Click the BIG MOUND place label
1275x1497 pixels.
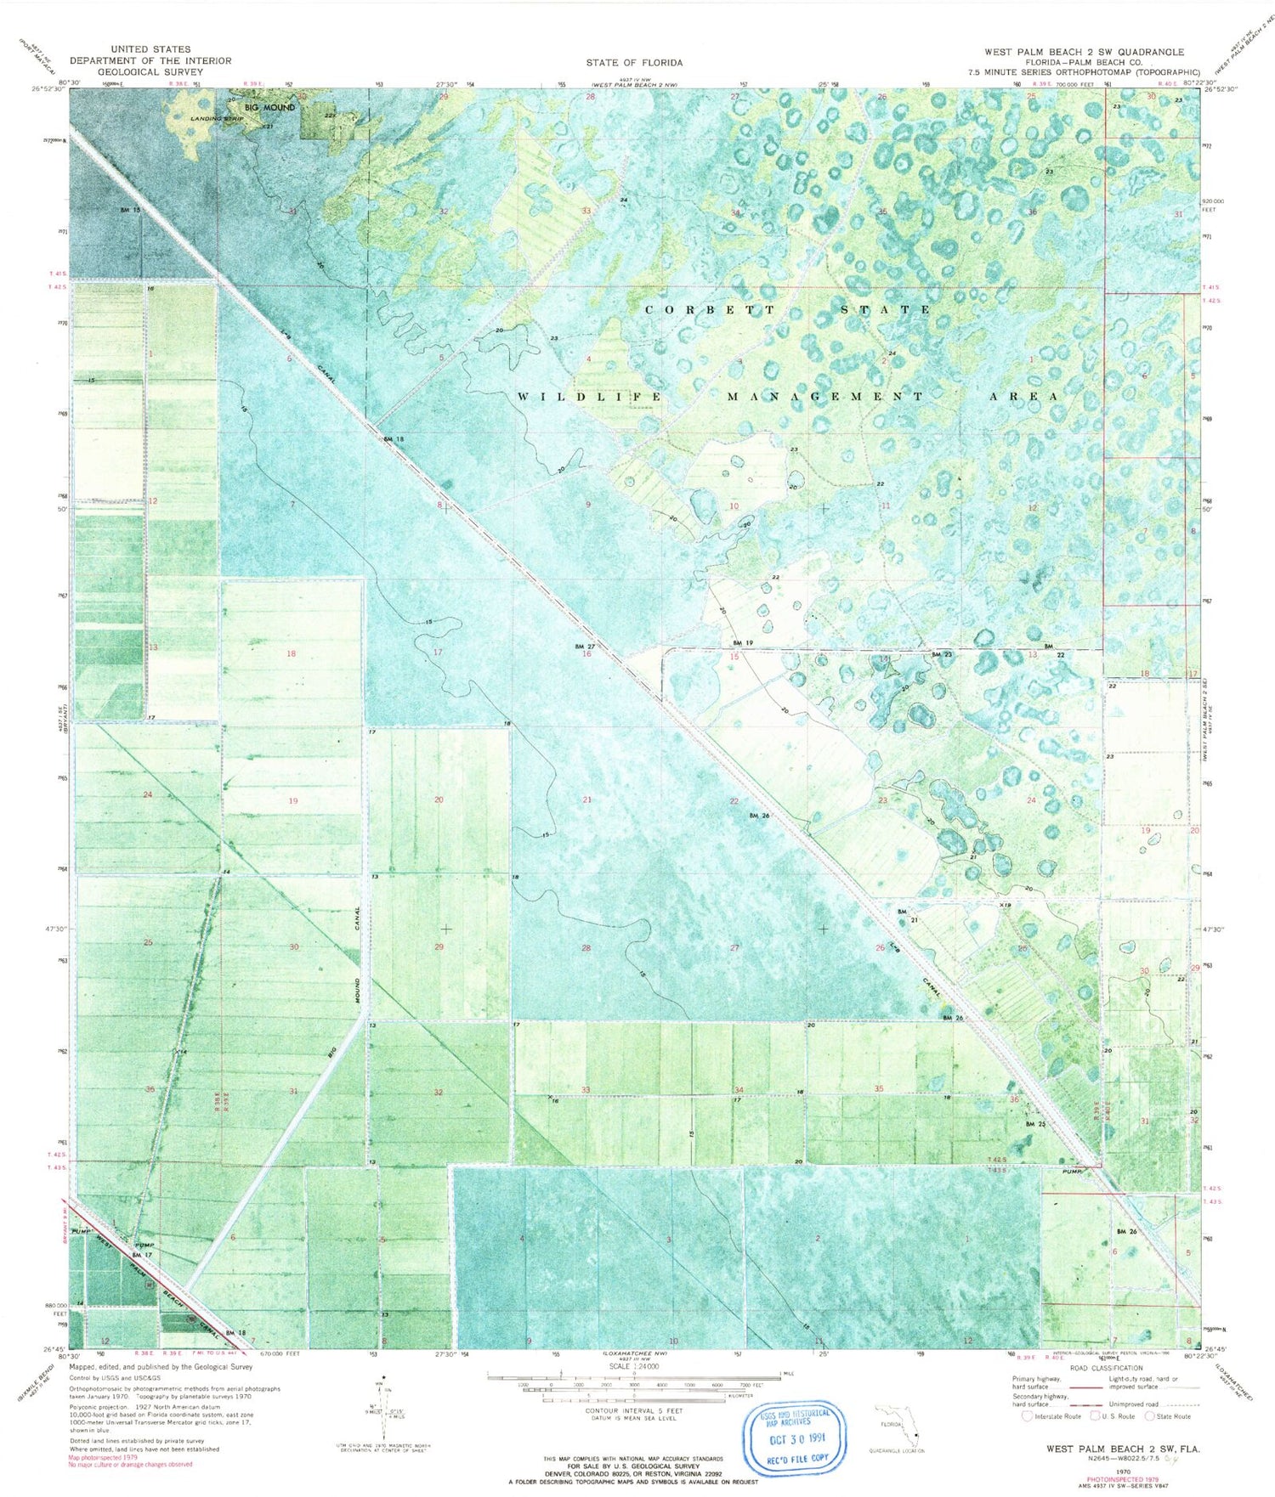coord(269,108)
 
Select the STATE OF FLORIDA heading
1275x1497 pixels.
coord(633,63)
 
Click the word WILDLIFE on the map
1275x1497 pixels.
coord(588,397)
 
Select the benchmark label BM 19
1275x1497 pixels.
coord(743,642)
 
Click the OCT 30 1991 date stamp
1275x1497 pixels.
coord(797,1443)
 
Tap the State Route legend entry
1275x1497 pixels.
coord(1169,1416)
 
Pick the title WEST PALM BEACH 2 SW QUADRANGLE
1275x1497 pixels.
coord(1084,53)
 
